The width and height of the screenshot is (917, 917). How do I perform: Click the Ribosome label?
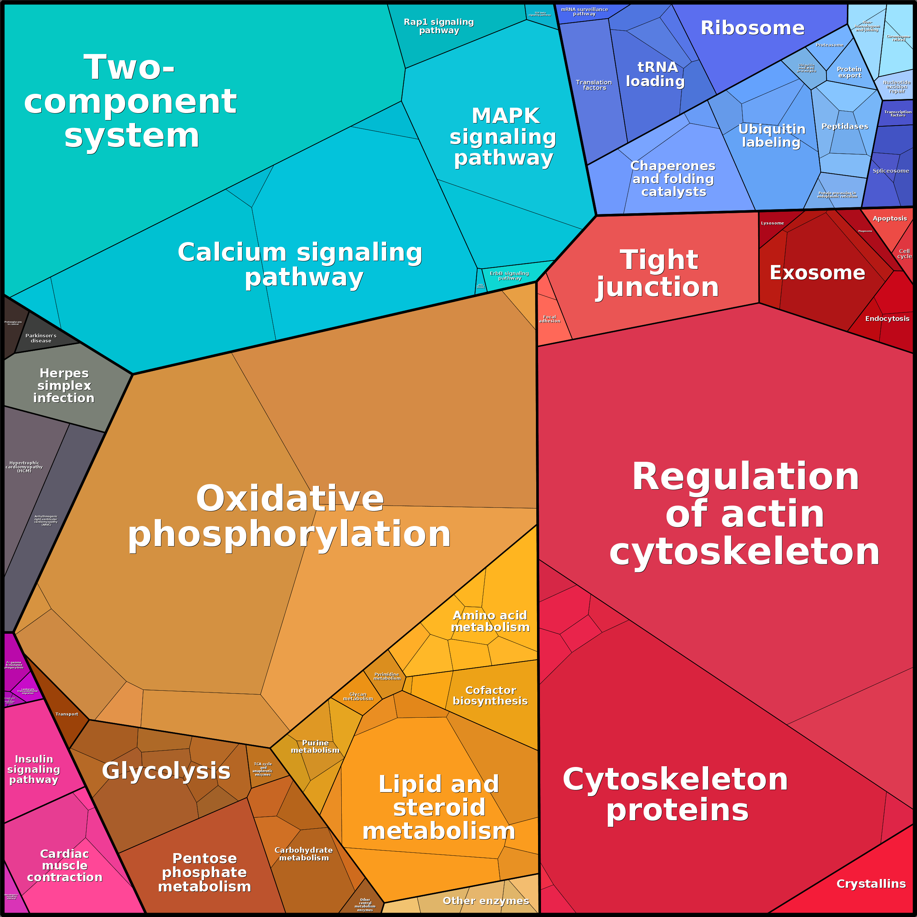click(752, 28)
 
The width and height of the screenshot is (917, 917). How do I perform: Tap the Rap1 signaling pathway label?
click(438, 26)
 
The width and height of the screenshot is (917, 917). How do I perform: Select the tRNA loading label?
click(656, 74)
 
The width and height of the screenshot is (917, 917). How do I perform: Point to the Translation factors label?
click(594, 85)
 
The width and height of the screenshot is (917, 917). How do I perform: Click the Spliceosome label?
click(891, 171)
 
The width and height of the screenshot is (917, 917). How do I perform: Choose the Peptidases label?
click(845, 126)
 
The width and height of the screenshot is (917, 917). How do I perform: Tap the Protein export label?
click(849, 72)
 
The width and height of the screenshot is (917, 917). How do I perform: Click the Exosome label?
click(817, 273)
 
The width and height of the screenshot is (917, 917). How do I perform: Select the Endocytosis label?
click(887, 318)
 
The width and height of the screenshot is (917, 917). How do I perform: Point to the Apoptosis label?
click(890, 218)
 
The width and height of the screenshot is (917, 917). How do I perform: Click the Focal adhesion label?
click(550, 319)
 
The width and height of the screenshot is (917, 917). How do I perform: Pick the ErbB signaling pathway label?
click(509, 276)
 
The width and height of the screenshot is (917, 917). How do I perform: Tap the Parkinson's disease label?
click(41, 338)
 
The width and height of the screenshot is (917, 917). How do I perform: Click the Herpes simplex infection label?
click(64, 385)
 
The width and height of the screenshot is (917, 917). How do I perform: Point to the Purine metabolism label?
click(315, 746)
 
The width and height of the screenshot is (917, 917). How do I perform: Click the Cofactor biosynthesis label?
click(490, 695)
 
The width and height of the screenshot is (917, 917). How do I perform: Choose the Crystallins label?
click(871, 884)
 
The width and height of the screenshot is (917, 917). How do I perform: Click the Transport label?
click(66, 714)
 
